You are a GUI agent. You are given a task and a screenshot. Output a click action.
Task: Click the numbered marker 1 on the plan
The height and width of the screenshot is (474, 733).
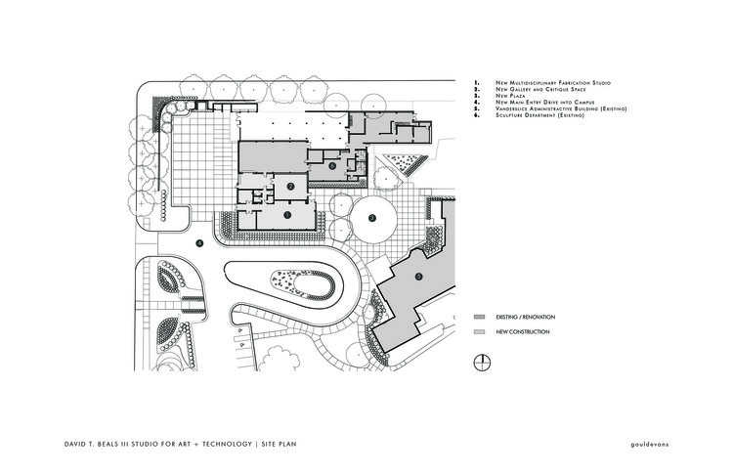(287, 212)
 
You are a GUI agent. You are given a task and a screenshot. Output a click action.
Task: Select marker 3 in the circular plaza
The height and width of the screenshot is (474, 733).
(371, 218)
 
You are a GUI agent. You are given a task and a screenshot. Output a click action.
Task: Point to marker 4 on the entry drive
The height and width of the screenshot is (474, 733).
(198, 243)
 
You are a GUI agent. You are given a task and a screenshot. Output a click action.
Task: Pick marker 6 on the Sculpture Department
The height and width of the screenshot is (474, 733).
(333, 166)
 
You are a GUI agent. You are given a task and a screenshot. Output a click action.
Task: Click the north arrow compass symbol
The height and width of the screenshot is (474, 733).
(481, 365)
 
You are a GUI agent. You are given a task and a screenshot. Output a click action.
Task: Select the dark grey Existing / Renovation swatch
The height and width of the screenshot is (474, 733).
(480, 319)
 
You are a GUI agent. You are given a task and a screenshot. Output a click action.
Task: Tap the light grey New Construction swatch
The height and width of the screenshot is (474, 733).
(480, 332)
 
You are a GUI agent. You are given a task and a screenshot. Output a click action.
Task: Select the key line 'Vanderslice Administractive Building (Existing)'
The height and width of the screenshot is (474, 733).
(561, 108)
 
